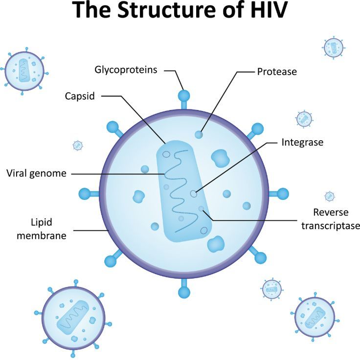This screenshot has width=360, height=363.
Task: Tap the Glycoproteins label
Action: [126, 69]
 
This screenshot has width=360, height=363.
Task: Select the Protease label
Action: [277, 71]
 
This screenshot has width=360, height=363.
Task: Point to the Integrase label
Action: [302, 142]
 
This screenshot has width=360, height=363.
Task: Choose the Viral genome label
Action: [36, 173]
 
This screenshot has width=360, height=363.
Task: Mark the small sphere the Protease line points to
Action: [199, 134]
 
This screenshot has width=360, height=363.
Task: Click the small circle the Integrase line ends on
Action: [194, 193]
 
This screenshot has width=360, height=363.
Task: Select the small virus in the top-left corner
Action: [24, 71]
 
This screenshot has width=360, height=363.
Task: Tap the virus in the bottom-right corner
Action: [314, 317]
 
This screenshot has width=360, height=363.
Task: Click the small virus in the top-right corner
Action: [333, 47]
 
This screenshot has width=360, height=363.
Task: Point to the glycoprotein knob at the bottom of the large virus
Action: [184, 292]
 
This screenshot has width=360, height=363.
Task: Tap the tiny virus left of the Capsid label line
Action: [78, 145]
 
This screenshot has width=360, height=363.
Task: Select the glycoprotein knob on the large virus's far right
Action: [284, 193]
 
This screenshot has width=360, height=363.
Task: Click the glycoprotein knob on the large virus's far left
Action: [85, 193]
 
